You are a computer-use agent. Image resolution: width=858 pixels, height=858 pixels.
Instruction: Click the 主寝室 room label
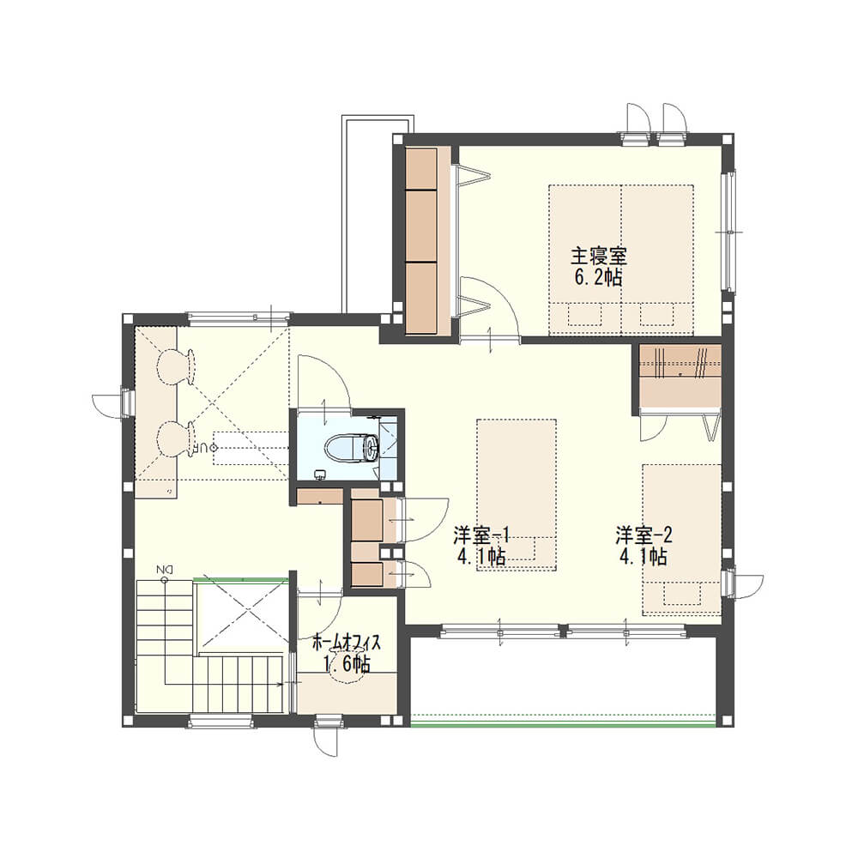click(599, 256)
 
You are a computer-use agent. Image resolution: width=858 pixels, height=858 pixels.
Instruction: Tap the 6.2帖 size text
click(598, 278)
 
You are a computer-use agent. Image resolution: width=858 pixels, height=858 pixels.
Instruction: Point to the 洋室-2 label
click(643, 535)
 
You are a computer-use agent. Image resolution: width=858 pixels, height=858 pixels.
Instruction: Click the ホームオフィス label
click(346, 643)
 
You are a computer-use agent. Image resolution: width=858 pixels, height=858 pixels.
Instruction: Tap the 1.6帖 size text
click(347, 664)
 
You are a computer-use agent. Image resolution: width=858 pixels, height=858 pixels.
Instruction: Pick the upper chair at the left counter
click(175, 366)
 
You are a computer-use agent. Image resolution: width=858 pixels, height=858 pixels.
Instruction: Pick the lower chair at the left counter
click(175, 439)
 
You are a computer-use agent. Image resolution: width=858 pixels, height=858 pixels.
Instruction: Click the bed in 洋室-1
click(517, 495)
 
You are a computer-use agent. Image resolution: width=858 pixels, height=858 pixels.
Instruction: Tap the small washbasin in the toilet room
click(319, 474)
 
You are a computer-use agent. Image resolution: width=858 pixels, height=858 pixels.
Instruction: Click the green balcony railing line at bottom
click(563, 725)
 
